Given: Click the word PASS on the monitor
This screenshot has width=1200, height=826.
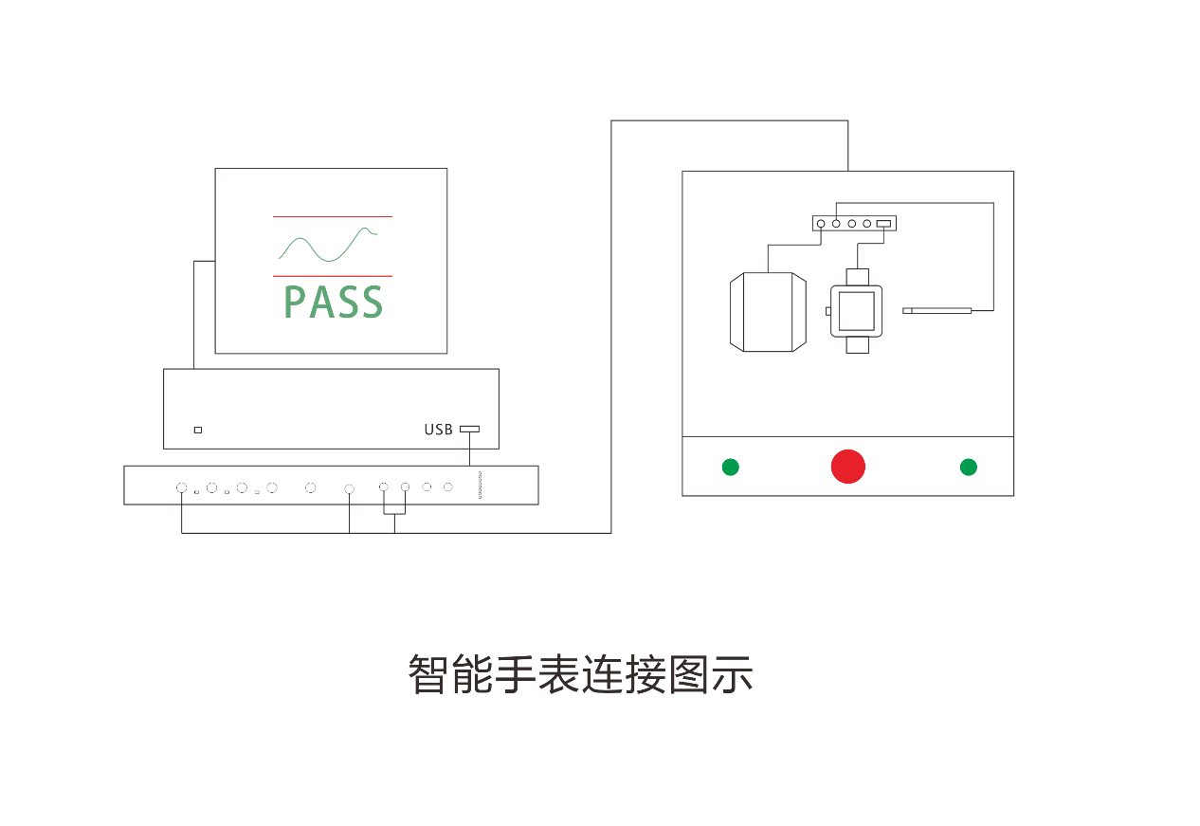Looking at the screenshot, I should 333,302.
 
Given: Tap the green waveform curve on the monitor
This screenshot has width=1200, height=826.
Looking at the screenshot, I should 327,245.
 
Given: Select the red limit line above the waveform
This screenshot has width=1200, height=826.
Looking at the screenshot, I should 332,217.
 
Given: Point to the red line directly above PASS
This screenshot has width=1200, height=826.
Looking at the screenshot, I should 332,276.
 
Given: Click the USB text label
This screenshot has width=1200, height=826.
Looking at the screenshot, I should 438,430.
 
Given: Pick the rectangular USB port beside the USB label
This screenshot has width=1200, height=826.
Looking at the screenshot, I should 469,429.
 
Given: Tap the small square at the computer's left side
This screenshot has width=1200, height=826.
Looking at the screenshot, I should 197,430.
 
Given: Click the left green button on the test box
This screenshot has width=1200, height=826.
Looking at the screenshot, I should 730,467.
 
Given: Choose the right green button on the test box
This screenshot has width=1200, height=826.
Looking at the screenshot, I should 968,467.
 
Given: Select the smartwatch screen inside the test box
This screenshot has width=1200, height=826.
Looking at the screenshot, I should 857,310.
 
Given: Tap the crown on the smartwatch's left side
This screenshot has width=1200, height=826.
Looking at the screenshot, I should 828,311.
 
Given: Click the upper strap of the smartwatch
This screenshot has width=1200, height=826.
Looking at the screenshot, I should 857,277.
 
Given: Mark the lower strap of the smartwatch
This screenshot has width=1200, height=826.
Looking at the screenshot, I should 857,344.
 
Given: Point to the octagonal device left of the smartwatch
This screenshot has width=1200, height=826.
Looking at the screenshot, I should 768,312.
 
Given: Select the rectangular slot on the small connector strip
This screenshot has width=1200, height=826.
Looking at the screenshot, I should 883,224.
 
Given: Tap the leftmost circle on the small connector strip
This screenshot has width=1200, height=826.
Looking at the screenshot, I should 821,224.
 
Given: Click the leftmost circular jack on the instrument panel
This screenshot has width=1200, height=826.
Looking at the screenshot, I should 181,487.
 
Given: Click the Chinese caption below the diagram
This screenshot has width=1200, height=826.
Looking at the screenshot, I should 580,674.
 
